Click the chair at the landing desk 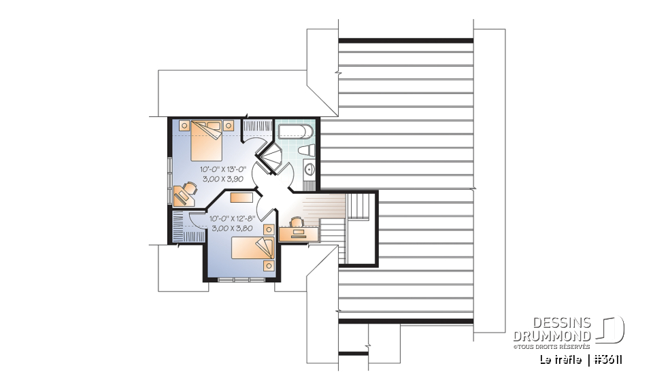(296, 222)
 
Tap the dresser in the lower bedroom (242, 197)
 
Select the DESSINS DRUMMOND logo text (552, 329)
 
